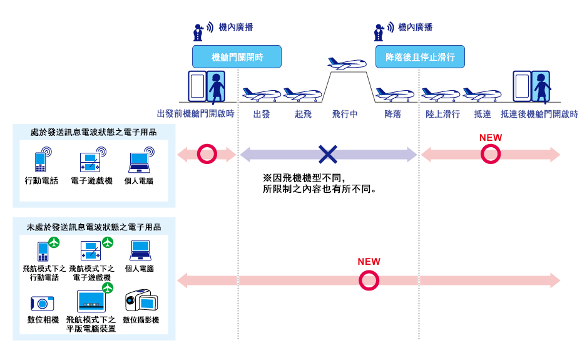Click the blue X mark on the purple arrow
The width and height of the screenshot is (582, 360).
[328, 153]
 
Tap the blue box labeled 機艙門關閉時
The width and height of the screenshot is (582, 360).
[237, 57]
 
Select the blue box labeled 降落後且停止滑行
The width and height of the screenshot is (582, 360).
[420, 57]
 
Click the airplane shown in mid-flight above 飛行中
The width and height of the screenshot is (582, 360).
[346, 64]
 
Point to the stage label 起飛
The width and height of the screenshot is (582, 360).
[303, 115]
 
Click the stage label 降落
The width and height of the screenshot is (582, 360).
[392, 115]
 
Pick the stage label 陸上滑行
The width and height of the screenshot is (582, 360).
[442, 115]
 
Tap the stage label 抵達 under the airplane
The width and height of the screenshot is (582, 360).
[482, 115]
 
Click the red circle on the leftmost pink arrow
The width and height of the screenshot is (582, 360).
[206, 153]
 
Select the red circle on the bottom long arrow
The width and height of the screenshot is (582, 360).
[369, 280]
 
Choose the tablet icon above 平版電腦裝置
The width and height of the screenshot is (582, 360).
[90, 301]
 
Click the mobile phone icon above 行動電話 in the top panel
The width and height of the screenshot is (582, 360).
[41, 161]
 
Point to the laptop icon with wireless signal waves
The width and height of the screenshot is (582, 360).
[140, 162]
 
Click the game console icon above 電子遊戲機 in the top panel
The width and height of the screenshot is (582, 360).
[91, 161]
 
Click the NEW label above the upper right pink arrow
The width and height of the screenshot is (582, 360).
[491, 138]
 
